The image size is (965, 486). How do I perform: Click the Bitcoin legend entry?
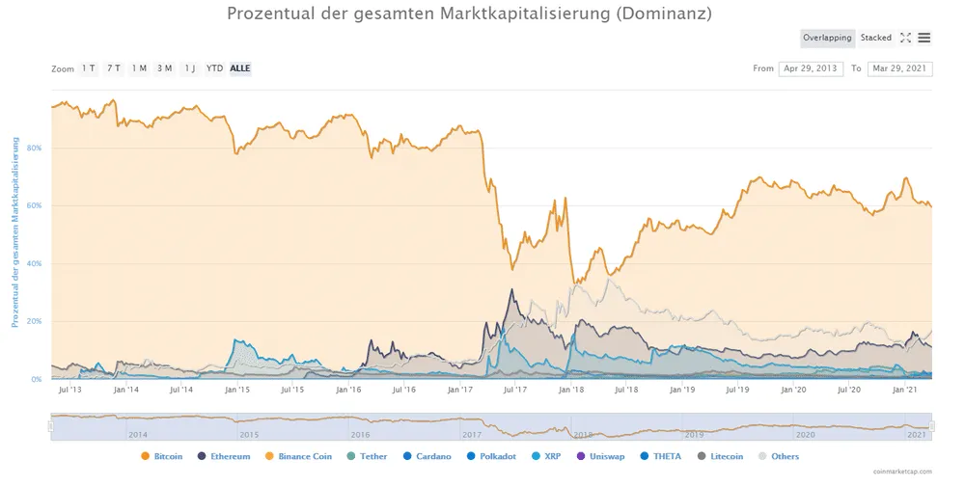(168, 455)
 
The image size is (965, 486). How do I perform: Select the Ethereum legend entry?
(230, 455)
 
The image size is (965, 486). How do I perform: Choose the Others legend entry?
(785, 455)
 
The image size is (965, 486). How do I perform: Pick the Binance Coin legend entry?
(304, 455)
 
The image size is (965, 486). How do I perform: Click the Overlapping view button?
(827, 38)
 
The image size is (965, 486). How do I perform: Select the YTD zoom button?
(214, 68)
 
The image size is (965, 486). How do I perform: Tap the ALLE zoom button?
(240, 68)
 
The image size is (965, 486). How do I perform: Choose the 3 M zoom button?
(164, 68)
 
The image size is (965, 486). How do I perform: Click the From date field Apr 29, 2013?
(811, 68)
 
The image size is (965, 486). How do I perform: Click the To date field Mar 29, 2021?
(899, 68)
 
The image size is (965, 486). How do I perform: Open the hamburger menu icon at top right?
(924, 38)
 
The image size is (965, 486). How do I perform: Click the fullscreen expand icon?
(905, 38)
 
